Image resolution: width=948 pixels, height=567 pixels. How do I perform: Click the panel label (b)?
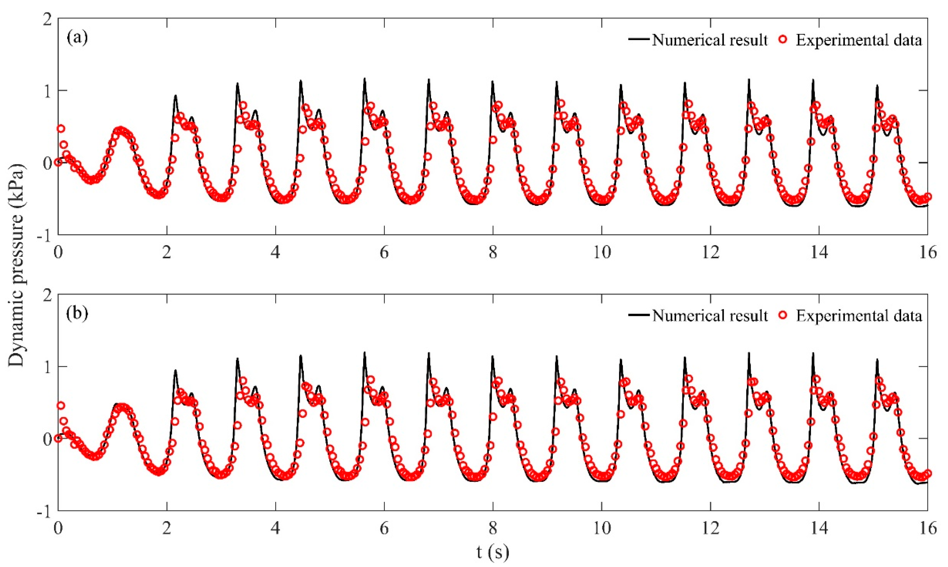point(77,314)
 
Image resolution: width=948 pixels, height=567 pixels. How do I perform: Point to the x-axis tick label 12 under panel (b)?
point(710,528)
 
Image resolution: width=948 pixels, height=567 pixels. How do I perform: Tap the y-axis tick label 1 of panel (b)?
point(47,367)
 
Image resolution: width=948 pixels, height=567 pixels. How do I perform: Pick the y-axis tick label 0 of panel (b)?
point(47,439)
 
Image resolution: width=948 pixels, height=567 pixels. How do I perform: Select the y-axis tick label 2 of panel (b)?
point(47,295)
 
